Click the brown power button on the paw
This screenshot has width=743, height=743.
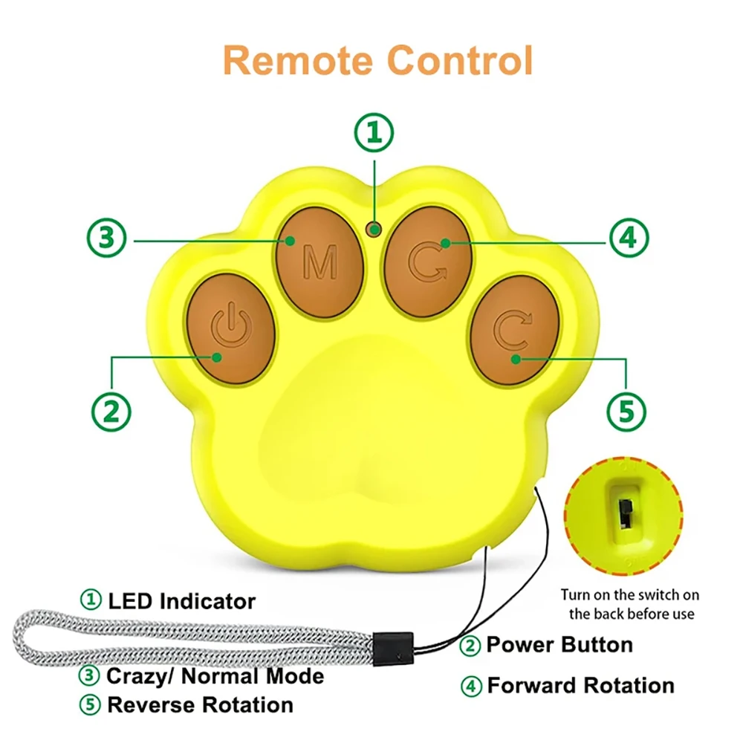(231, 328)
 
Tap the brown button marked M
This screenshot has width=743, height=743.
(319, 262)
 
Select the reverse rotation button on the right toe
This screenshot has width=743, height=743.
(515, 330)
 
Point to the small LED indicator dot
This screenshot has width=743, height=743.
(374, 230)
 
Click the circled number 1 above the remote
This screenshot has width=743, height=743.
(374, 133)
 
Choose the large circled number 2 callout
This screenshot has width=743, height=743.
(111, 412)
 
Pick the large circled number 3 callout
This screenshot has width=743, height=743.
(106, 238)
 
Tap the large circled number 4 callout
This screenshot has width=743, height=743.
(629, 238)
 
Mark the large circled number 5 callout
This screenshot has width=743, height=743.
(626, 412)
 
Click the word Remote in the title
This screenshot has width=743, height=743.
(298, 61)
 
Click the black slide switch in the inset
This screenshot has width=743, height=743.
(626, 513)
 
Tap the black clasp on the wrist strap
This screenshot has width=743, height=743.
(393, 649)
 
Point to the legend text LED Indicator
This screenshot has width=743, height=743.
(182, 601)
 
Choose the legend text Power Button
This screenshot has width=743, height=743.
(559, 645)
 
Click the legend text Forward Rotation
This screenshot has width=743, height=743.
(581, 686)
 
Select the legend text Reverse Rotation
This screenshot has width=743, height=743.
(201, 705)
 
